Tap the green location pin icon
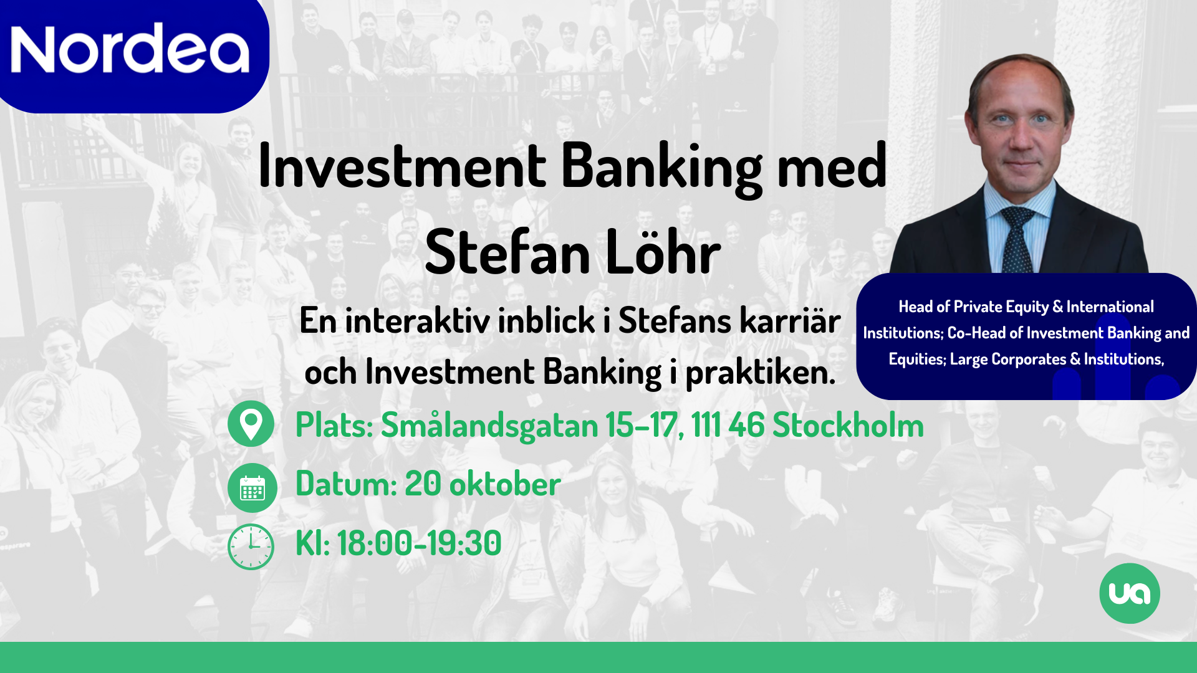click(251, 424)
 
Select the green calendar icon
click(252, 487)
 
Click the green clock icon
click(251, 547)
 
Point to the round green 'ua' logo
click(1130, 593)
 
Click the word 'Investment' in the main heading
click(402, 166)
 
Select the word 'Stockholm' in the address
click(848, 426)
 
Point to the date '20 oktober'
click(483, 484)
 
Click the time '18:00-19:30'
click(419, 543)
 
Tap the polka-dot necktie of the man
click(1017, 240)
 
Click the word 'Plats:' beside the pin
click(334, 426)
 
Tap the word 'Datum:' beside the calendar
click(346, 484)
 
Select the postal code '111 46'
click(728, 426)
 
